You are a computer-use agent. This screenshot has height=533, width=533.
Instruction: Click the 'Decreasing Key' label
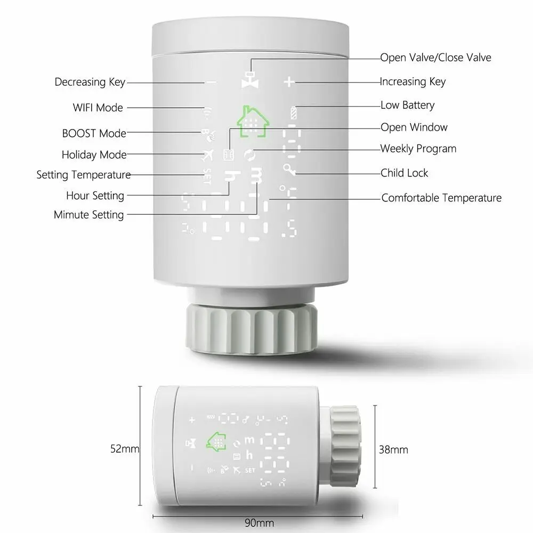point(90,82)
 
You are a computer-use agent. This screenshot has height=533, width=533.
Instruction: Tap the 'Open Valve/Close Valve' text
point(435,58)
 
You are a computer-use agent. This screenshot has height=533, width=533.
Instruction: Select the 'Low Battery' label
point(407,106)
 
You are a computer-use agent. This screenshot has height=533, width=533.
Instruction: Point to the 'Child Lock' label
point(404,173)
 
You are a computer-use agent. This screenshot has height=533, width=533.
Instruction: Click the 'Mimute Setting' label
point(88,215)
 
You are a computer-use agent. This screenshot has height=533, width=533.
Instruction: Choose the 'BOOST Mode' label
point(94,133)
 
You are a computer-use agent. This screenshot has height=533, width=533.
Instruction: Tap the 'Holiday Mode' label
point(94,155)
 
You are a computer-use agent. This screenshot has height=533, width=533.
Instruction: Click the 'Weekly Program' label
point(418,149)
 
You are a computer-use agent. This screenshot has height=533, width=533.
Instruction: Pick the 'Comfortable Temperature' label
point(441,198)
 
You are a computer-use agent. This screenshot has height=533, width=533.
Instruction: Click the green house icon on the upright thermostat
point(253,122)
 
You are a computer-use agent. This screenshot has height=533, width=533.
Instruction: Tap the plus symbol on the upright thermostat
point(288,82)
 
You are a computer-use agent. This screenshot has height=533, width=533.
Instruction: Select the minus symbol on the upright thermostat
point(211,82)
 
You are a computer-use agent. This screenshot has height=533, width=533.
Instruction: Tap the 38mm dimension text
point(393,450)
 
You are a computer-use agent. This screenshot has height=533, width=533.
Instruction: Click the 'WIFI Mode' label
point(98,108)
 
